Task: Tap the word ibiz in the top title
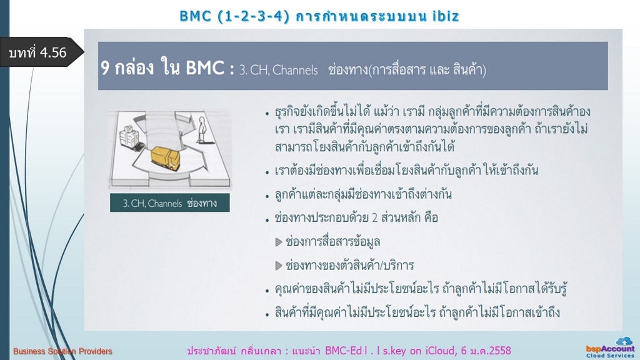(x=446, y=16)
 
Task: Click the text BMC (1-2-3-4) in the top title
(x=235, y=16)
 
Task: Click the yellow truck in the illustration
(x=165, y=158)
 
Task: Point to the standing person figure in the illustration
(x=201, y=130)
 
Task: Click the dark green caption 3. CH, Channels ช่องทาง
(x=170, y=203)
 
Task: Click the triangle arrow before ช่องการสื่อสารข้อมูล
(x=279, y=242)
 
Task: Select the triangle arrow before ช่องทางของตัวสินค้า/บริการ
(x=279, y=266)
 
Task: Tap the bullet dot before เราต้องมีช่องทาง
(x=267, y=172)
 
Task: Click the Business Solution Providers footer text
(x=62, y=351)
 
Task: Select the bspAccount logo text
(x=610, y=349)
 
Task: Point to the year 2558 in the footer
(x=498, y=351)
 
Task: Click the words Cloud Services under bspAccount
(x=610, y=356)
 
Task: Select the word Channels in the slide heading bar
(x=295, y=70)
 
